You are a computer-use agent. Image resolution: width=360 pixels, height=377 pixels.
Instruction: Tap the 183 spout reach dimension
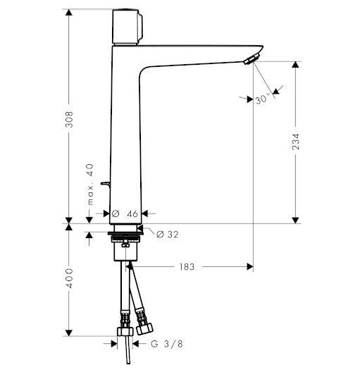coord(187,267)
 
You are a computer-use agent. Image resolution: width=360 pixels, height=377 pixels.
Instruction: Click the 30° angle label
coord(263,100)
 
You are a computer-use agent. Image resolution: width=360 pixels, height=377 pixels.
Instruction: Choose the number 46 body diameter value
coord(131,212)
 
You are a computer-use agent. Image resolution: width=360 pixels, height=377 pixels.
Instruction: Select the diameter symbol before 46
coord(115,212)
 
